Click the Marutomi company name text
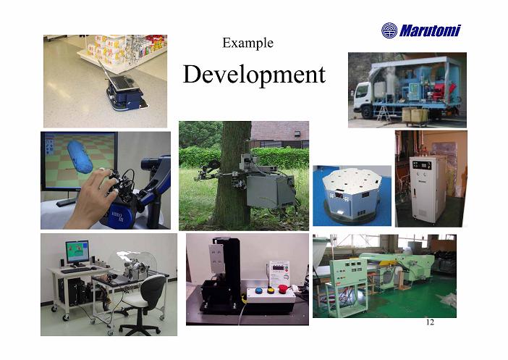[430, 31]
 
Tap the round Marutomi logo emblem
[389, 30]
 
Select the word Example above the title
[247, 43]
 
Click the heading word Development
[254, 75]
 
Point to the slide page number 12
[430, 322]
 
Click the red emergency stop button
[283, 288]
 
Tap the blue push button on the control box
[259, 290]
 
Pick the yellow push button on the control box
[271, 290]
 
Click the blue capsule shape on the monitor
[80, 157]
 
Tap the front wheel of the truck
[367, 112]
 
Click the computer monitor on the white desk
[77, 251]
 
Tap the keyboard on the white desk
[76, 270]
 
